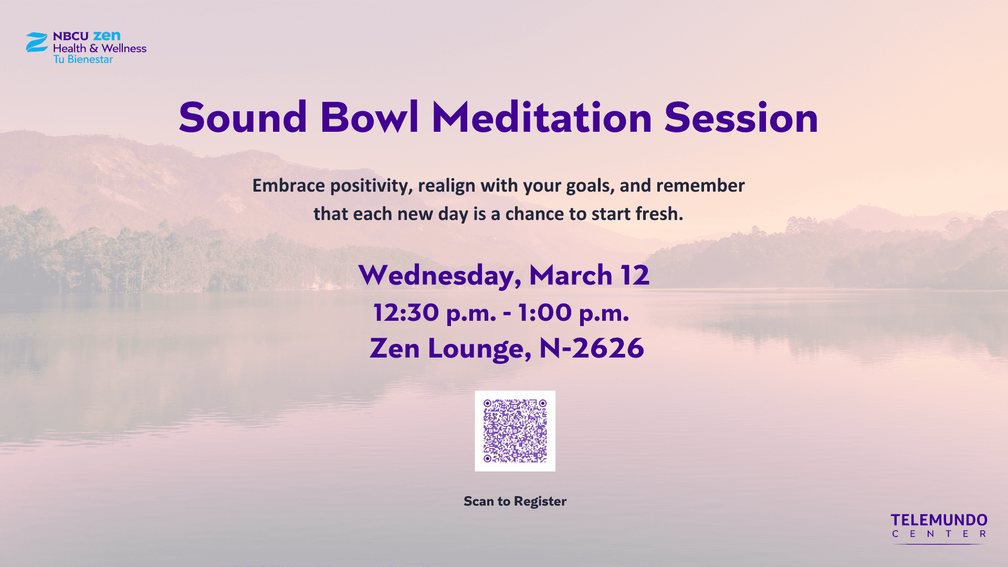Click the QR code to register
[515, 431]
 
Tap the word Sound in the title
[243, 117]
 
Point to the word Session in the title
[741, 117]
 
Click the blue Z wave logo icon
[37, 42]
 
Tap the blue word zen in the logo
[107, 36]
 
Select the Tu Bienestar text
[83, 59]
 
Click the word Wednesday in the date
[440, 276]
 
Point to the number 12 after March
[635, 275]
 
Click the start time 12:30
[406, 312]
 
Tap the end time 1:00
[544, 312]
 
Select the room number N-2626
[592, 348]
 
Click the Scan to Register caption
[515, 501]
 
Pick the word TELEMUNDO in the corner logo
[939, 520]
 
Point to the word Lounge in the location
[476, 349]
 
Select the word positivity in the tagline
[371, 186]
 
